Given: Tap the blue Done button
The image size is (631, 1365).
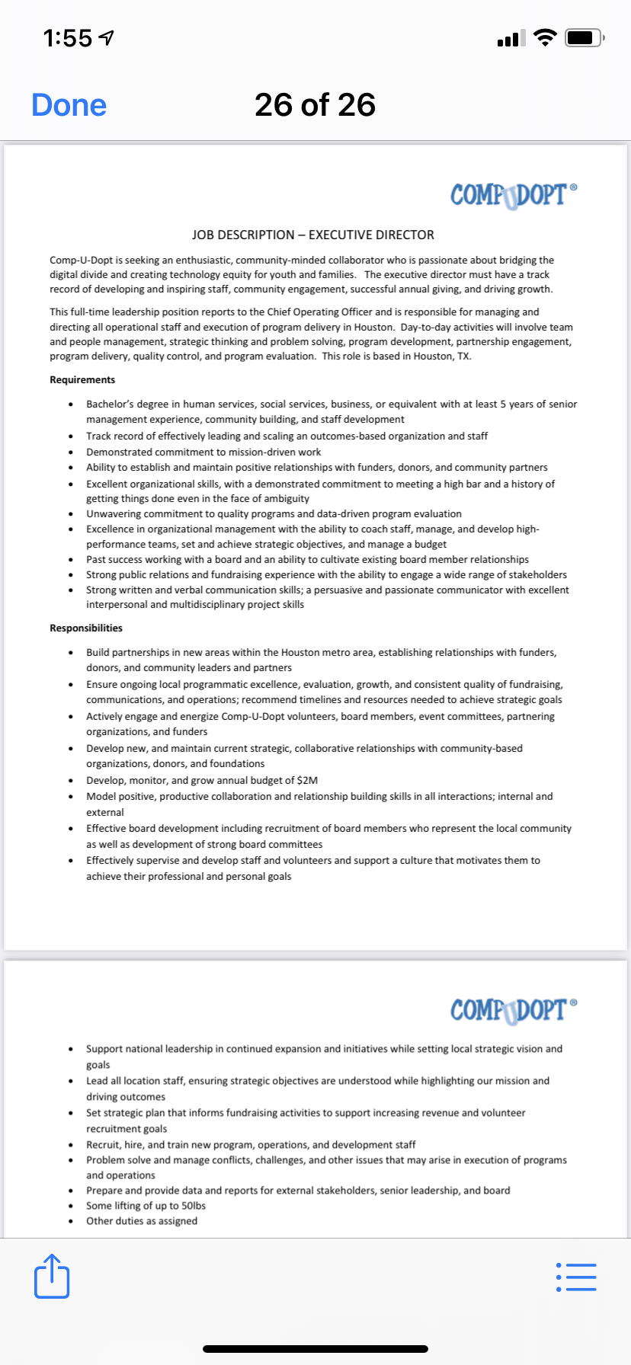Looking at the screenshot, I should [x=69, y=105].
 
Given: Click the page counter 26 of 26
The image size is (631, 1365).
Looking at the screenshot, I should [x=315, y=105].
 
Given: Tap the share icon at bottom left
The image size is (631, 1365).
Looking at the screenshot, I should [x=52, y=1276].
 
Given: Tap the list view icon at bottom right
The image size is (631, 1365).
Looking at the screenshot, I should [x=576, y=1277].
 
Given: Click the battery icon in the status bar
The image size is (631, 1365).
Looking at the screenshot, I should [x=585, y=37].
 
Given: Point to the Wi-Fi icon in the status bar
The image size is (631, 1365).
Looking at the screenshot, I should [x=545, y=37].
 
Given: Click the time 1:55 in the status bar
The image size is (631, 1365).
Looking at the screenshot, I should [x=68, y=37].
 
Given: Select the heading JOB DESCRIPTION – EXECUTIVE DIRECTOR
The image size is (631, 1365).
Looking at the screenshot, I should [x=313, y=235].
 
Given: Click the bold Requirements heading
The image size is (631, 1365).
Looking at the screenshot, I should [x=82, y=380].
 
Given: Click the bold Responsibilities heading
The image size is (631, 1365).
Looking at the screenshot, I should [x=86, y=628].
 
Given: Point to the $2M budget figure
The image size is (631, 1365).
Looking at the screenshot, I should [x=307, y=781].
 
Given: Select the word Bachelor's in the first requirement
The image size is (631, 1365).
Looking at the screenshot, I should [x=111, y=404].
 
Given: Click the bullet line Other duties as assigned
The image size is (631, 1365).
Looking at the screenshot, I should [x=142, y=1221].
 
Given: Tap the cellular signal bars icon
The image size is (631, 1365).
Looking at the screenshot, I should [x=511, y=38].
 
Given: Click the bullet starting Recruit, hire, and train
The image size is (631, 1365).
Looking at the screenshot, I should [x=251, y=1145].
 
